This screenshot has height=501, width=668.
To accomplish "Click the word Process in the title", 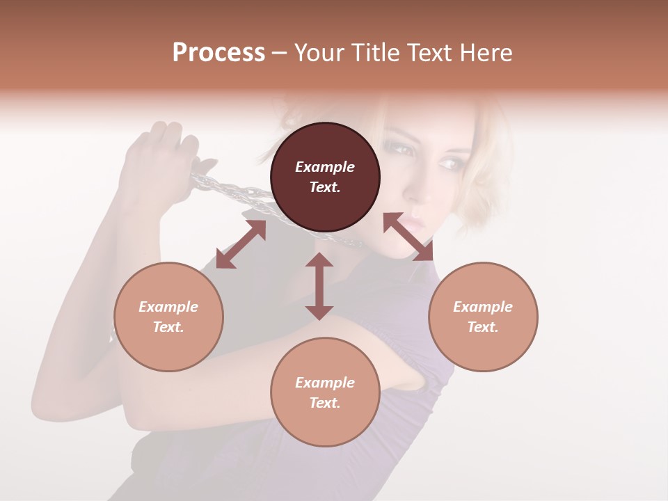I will tap(218, 53).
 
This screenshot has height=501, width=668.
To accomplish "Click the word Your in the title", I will tap(319, 53).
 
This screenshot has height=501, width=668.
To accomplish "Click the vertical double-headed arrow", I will tap(319, 286).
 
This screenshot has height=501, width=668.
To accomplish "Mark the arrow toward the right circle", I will tap(408, 237).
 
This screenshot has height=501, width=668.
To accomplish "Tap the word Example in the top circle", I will tap(325, 167).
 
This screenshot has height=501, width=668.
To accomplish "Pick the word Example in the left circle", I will tap(168, 307).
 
